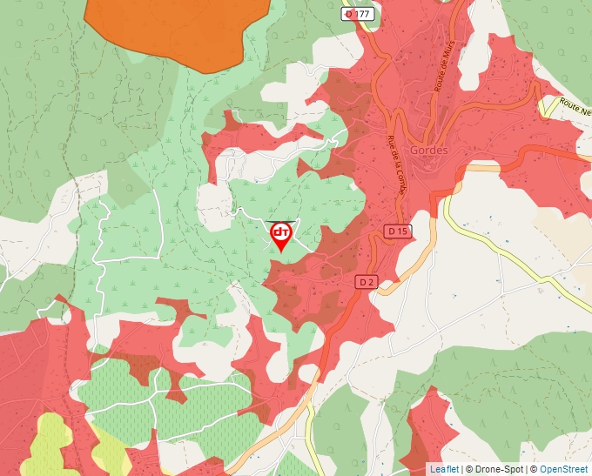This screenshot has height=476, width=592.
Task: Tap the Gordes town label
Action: pos(427,150)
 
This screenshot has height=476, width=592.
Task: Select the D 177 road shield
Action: pos(357,14)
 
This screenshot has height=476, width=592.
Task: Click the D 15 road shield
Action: pos(397,231)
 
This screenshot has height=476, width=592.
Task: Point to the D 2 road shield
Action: pos(367,282)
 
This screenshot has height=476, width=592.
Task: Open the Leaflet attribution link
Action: pos(443,469)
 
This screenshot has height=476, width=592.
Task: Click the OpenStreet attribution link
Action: pos(564,469)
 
